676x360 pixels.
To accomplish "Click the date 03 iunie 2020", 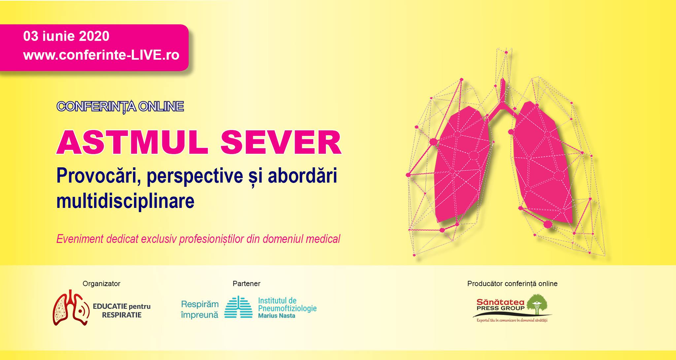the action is point(66,36).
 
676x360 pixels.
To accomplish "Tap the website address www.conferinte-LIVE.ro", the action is point(101,55).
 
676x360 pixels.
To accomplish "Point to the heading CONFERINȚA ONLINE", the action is point(120,107).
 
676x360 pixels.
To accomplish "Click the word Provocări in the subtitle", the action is point(99,176).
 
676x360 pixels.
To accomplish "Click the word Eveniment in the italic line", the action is point(80,239).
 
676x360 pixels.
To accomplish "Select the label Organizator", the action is point(101,283).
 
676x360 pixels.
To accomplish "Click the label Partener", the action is point(246,283).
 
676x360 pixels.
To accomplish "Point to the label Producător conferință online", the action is point(512,283).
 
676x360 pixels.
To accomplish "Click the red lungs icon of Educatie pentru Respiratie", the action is point(71,308).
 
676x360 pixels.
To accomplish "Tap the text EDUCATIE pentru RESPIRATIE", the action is point(121,311).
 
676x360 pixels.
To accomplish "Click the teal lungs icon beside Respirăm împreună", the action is point(238,307).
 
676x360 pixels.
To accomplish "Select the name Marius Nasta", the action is point(277,316).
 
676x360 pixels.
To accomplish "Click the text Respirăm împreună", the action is point(200,309).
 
